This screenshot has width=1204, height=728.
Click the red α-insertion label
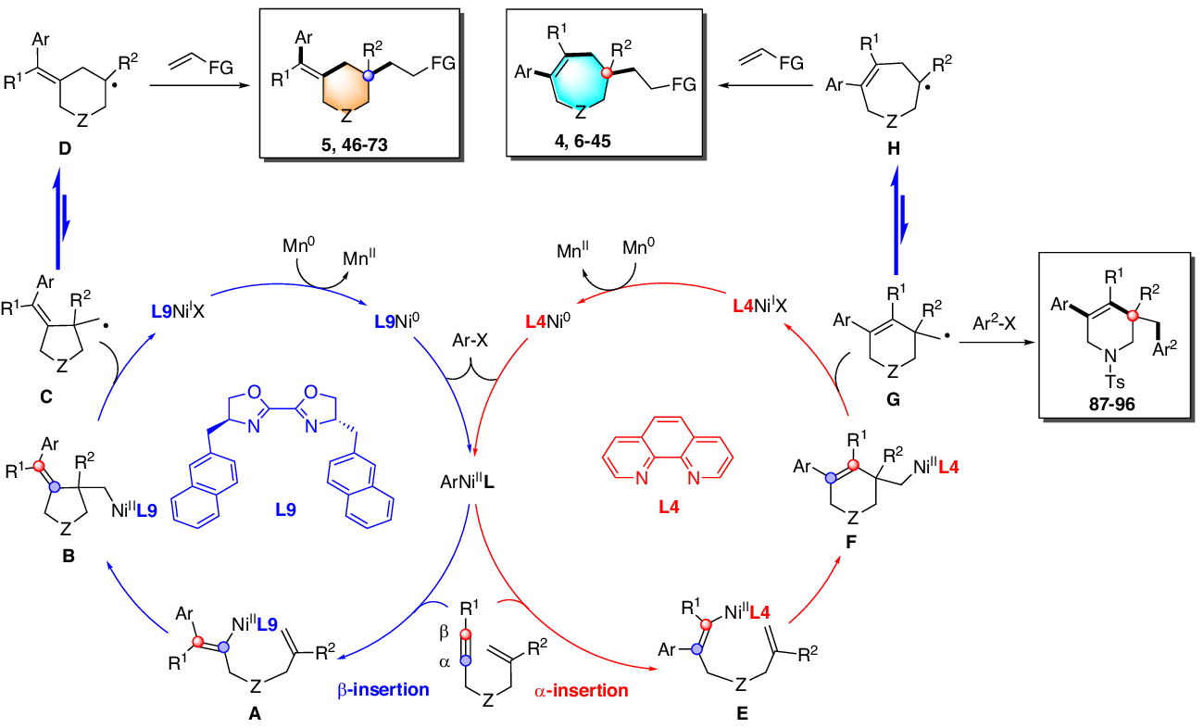coord(580,689)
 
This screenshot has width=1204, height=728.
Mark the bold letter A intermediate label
coord(254,715)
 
